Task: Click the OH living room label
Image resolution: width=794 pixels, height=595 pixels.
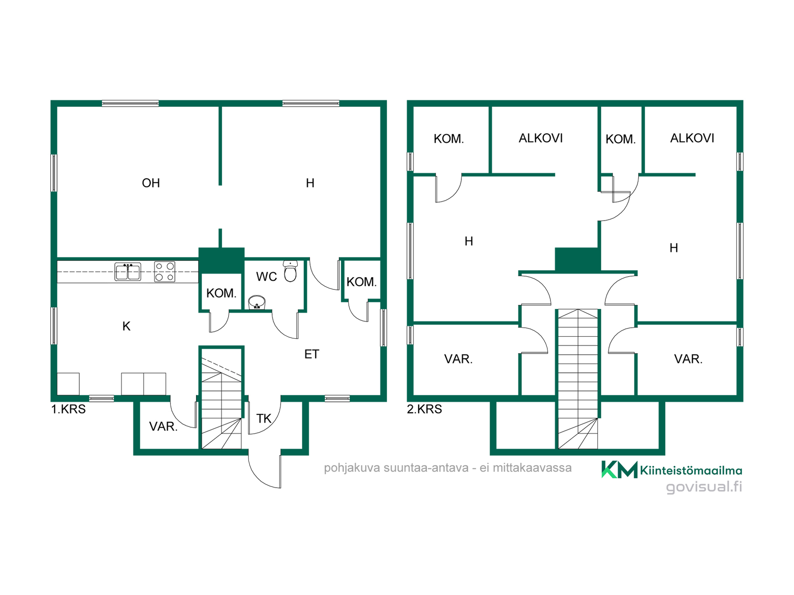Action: tap(151, 183)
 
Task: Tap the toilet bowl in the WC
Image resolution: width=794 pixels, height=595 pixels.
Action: tap(290, 271)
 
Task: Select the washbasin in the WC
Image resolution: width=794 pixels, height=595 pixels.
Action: tap(257, 302)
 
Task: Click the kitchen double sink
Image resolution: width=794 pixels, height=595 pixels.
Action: tap(128, 272)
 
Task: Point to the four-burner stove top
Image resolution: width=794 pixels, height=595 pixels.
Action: tap(165, 272)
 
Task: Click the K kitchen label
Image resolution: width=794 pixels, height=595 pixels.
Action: tap(127, 326)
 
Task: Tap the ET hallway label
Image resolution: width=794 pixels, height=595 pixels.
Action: tap(311, 354)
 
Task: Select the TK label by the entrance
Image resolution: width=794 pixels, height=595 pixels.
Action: tap(264, 419)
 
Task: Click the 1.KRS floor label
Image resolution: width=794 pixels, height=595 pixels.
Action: tap(68, 409)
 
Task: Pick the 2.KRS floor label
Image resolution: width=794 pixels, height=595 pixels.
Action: tap(424, 409)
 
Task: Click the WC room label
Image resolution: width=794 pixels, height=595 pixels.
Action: tap(266, 277)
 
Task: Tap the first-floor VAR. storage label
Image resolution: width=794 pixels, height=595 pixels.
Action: tap(163, 426)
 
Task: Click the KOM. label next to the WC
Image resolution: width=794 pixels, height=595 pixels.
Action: tap(221, 293)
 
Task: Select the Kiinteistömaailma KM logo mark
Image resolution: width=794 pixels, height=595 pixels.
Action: tap(619, 469)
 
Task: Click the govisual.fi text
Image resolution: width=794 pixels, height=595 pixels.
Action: tap(704, 487)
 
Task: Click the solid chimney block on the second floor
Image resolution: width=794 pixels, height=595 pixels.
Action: tap(577, 259)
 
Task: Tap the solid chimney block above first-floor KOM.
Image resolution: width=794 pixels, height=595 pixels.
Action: tap(221, 260)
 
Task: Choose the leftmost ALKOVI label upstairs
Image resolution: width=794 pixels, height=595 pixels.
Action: tap(540, 138)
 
